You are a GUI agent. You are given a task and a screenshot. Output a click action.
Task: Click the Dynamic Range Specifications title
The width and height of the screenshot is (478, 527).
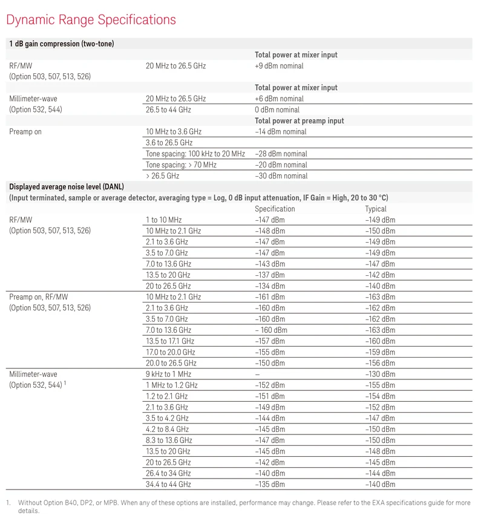[91, 19]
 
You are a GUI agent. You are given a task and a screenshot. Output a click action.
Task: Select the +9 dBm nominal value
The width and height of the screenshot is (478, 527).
[279, 66]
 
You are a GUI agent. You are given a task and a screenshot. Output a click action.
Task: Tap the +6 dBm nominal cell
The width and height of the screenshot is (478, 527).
[279, 99]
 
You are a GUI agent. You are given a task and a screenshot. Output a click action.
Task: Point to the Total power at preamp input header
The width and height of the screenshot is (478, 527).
[299, 121]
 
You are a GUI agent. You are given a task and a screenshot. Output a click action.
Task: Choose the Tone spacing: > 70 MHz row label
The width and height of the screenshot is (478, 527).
[181, 165]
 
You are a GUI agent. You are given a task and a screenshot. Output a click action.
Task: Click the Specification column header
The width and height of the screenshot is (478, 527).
[275, 209]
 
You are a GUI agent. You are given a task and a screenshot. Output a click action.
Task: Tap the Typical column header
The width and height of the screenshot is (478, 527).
[375, 209]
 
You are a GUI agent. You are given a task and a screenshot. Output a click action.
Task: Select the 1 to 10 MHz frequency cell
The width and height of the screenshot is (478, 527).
[163, 220]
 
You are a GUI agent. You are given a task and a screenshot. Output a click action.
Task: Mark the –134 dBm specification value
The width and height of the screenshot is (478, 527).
[269, 286]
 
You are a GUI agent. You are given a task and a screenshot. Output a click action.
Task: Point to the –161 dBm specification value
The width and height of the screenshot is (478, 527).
[269, 297]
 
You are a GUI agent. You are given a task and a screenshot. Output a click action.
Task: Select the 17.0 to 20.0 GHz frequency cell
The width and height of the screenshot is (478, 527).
[170, 352]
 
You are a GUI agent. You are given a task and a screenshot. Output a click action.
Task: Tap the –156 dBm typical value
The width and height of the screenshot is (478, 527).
[380, 363]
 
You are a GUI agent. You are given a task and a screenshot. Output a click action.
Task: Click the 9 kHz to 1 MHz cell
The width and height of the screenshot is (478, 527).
[168, 375]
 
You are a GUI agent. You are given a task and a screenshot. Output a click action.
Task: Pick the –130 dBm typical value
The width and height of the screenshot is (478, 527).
[380, 375]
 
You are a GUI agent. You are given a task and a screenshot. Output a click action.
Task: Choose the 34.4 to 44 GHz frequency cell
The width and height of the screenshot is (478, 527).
[168, 485]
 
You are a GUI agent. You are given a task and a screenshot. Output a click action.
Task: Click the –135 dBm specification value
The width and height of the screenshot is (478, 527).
[269, 485]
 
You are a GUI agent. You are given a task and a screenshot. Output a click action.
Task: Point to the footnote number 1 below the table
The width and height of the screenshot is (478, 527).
[8, 503]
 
